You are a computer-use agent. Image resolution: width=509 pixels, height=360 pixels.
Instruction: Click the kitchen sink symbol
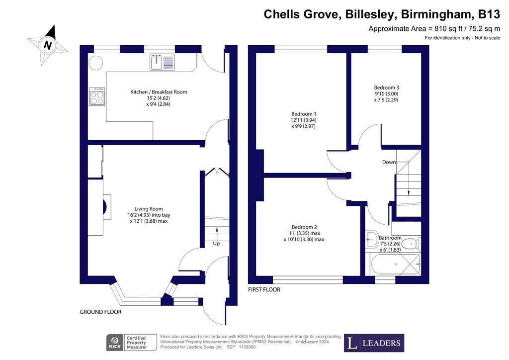click(x=162, y=62)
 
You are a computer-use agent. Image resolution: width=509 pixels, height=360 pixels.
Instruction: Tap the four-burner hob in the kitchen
click(x=97, y=96)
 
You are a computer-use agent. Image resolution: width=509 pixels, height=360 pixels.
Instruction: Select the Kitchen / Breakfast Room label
click(x=159, y=92)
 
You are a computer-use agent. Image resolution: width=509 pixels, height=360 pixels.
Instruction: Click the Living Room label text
click(x=149, y=209)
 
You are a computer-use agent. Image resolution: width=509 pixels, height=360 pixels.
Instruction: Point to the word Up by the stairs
click(x=216, y=244)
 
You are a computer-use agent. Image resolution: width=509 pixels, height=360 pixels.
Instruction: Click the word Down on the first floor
click(x=389, y=162)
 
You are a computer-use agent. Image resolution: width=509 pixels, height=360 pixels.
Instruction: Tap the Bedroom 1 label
click(x=304, y=114)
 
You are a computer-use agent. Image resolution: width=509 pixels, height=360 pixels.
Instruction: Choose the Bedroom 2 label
click(x=304, y=227)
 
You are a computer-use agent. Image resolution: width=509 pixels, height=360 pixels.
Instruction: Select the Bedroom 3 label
click(x=386, y=88)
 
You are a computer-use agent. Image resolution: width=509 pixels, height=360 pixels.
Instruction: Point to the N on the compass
click(x=48, y=45)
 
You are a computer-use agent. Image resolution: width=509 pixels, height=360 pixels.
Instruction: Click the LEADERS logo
click(x=374, y=343)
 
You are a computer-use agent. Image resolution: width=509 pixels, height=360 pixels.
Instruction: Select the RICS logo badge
click(x=115, y=343)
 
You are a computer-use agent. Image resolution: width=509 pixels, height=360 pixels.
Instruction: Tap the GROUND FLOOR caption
click(x=100, y=312)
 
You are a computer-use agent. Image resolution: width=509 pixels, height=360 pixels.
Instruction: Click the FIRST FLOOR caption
click(x=264, y=289)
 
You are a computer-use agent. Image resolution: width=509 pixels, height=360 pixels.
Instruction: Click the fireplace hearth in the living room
click(x=107, y=207)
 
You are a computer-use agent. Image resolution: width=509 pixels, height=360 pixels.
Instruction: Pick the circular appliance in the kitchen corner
click(x=96, y=63)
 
